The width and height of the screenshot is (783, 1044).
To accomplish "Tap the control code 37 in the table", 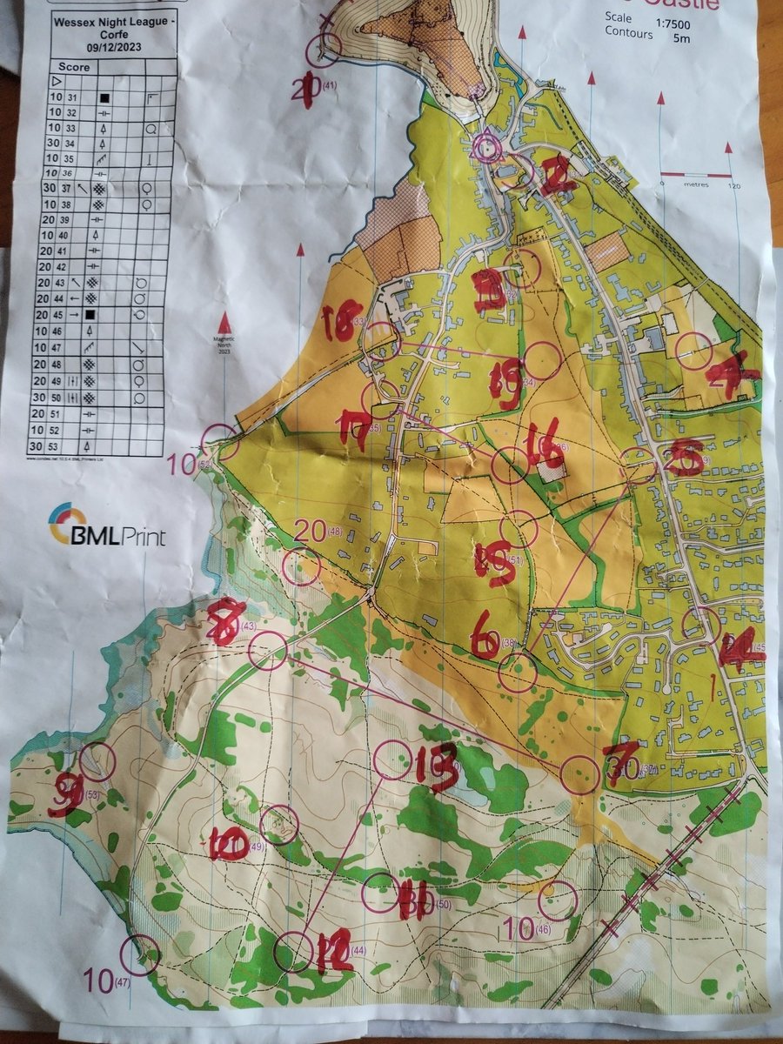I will [x=71, y=188].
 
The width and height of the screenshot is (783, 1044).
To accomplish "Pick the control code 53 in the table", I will [x=71, y=446].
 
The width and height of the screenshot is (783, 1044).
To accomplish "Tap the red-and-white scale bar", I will [x=697, y=175].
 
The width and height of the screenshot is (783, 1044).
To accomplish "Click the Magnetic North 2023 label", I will [x=224, y=345].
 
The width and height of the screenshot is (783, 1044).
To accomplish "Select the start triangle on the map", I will [x=486, y=149].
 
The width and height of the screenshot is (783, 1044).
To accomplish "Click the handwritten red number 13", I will [x=435, y=766].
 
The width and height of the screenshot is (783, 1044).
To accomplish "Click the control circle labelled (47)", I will [x=140, y=955].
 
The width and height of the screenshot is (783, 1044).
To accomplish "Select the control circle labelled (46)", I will [x=559, y=900].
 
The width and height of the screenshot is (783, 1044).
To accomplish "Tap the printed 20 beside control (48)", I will [x=310, y=529].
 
